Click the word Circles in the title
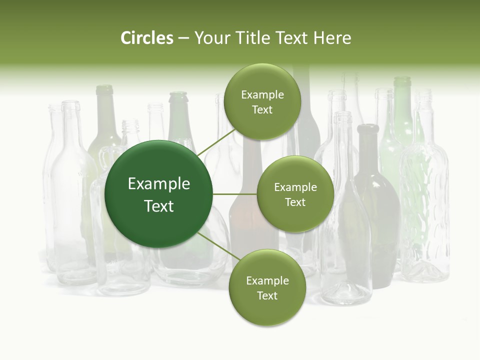[x=147, y=38]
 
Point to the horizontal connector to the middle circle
[x=235, y=194]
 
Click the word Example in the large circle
[x=159, y=184]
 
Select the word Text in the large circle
[x=159, y=206]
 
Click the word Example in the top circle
[x=262, y=94]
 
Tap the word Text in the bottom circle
[x=267, y=295]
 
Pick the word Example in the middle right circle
[x=295, y=187]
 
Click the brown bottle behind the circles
[x=245, y=220]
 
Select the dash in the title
[x=183, y=38]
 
